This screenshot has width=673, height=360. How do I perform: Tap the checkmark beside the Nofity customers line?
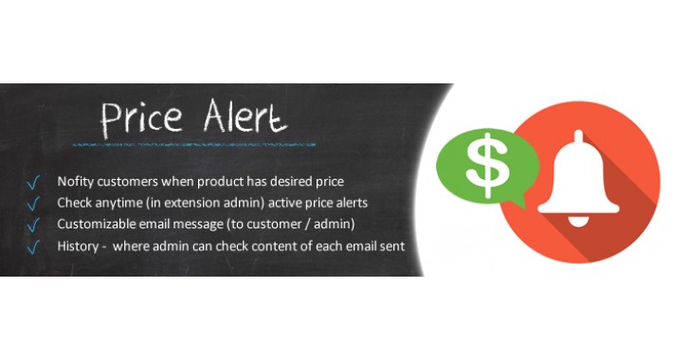click(34, 182)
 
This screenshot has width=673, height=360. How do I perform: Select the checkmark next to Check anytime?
click(34, 204)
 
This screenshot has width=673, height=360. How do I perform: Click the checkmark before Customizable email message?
click(34, 225)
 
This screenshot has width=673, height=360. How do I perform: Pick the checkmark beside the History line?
click(34, 247)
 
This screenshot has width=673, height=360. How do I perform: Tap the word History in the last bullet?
click(80, 246)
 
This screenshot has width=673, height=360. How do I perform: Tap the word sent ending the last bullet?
click(391, 246)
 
